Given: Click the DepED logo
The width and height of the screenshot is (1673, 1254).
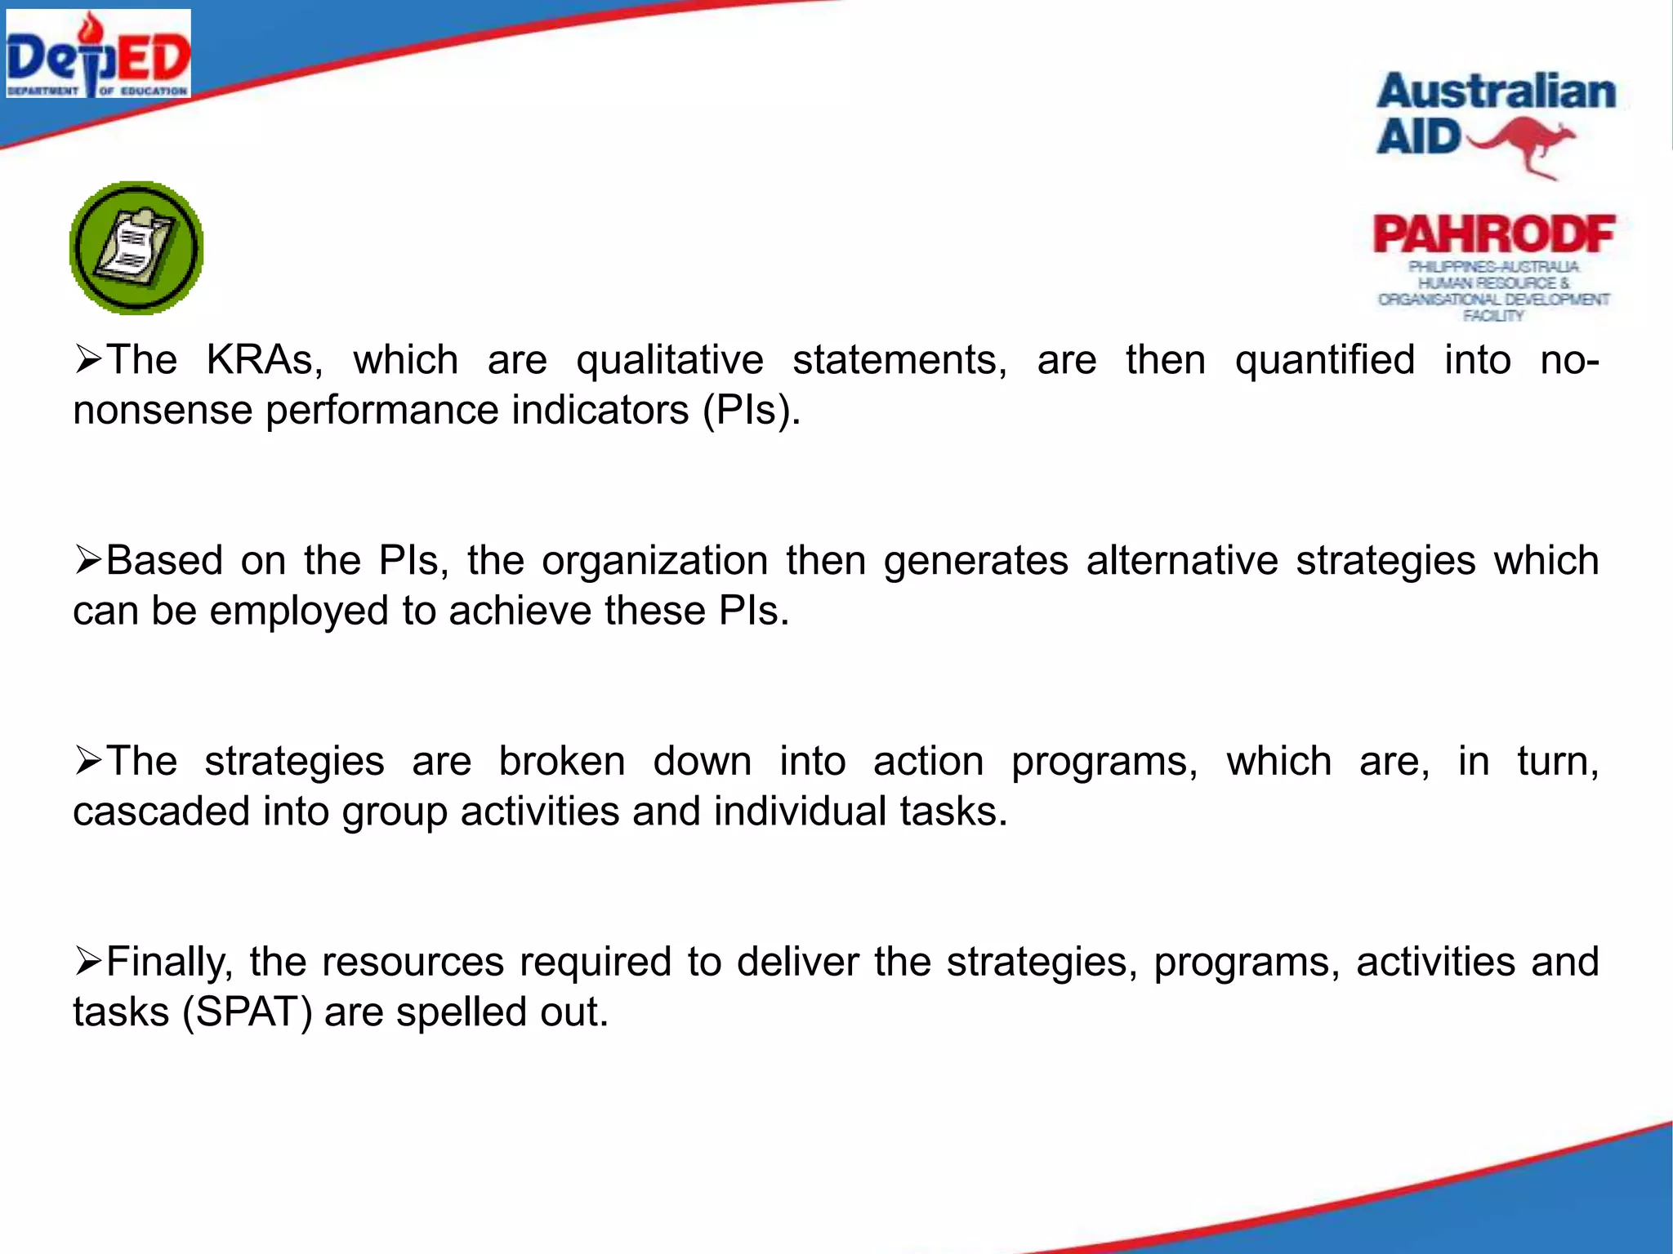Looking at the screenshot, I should (98, 55).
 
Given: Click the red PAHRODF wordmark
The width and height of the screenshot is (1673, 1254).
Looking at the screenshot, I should (1493, 235).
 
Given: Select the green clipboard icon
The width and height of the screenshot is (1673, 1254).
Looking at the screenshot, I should (136, 248).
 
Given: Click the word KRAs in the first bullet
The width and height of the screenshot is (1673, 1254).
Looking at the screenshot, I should (264, 360).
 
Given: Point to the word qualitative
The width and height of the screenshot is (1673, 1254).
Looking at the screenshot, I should (669, 360).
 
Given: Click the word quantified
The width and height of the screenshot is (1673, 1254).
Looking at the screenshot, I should (1324, 360).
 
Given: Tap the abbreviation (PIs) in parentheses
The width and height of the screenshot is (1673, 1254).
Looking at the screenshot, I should (751, 410).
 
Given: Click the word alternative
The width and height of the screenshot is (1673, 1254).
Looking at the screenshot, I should (1181, 561).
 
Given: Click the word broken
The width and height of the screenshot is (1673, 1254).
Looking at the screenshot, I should (562, 762).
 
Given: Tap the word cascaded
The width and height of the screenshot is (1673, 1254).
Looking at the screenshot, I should (161, 812).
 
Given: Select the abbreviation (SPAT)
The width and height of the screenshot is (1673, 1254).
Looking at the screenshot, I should (248, 1012).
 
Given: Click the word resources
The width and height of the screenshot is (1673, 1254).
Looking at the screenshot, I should (413, 963).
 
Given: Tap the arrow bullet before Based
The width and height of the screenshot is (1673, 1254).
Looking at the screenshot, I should (87, 561).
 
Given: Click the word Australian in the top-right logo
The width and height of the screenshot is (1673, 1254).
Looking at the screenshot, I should (1496, 91).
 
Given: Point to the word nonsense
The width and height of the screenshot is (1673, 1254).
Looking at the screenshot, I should (163, 410).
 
